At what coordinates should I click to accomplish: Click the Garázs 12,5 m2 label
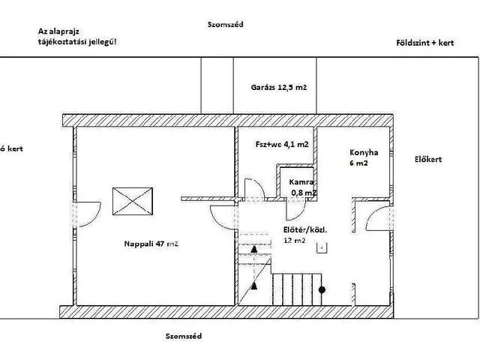pos(279,88)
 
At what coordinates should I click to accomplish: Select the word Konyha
pos(364,151)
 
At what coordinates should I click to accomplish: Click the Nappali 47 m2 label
pos(151,243)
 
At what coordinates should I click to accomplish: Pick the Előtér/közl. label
pos(304,229)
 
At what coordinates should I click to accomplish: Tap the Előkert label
pos(428,159)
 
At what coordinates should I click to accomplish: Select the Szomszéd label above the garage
pos(224,24)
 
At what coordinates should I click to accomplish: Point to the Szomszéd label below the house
pos(184,337)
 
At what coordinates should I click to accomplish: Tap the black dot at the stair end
pos(322,289)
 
